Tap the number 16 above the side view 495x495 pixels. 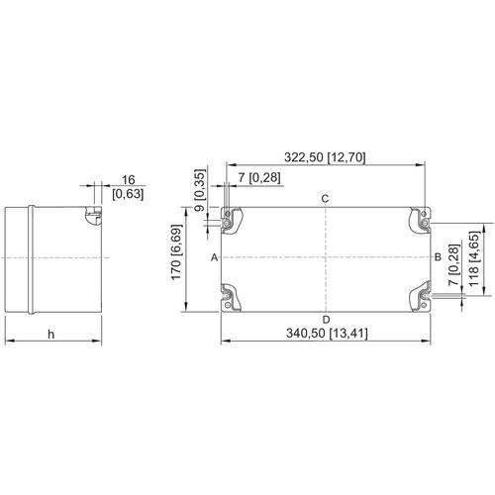click(128, 179)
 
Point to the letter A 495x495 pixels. click(214, 256)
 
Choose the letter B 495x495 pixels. click(438, 256)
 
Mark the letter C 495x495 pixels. click(326, 199)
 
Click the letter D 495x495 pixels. click(326, 318)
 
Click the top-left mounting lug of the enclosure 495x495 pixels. click(230, 220)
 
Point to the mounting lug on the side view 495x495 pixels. click(93, 215)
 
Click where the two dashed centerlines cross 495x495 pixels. click(326, 257)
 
